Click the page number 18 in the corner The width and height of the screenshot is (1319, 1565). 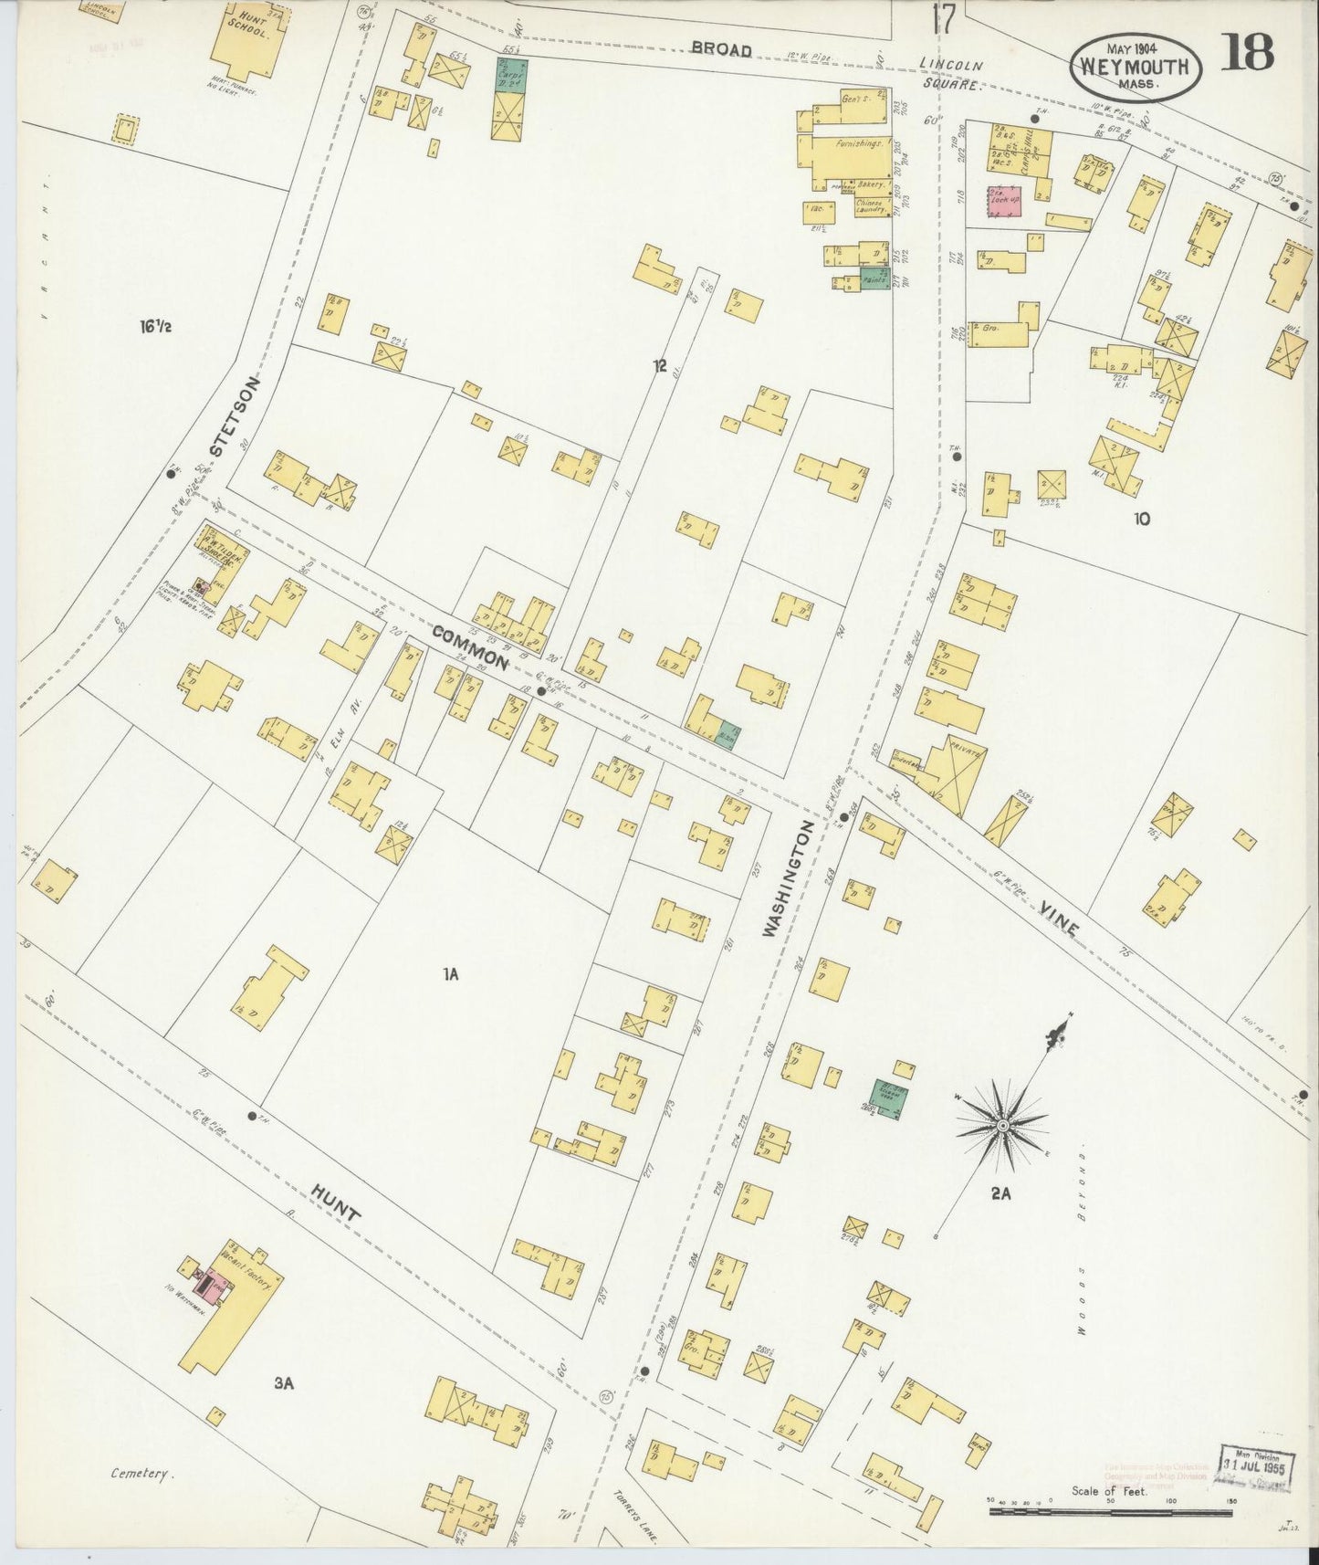pyautogui.click(x=1247, y=54)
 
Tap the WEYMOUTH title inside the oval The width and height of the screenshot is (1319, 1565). pyautogui.click(x=1135, y=67)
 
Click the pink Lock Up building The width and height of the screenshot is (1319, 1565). pyautogui.click(x=1004, y=201)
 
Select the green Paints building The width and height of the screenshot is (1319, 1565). pyautogui.click(x=874, y=280)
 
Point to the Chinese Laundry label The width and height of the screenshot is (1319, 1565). pyautogui.click(x=872, y=206)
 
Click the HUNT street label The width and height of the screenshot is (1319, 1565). pyautogui.click(x=335, y=1203)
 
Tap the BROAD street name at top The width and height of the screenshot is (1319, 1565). pyautogui.click(x=721, y=49)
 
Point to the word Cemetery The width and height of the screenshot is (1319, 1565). pyautogui.click(x=142, y=1473)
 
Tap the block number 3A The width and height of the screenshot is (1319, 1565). pyautogui.click(x=284, y=1383)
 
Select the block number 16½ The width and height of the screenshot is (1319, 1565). pyautogui.click(x=156, y=325)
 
